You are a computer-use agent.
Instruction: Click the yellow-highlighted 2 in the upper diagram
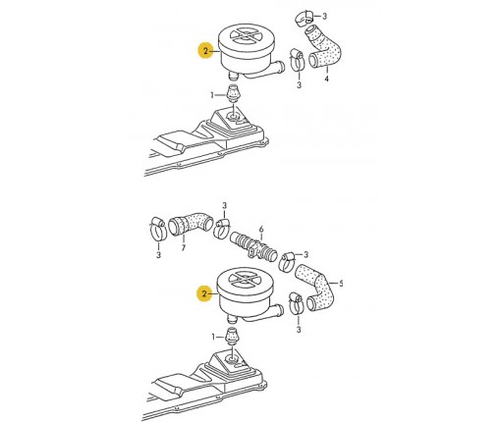tap(205, 51)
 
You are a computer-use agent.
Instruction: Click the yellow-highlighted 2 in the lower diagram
tap(204, 293)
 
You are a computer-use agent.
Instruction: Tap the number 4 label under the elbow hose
tap(326, 79)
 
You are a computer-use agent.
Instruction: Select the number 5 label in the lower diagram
tap(341, 284)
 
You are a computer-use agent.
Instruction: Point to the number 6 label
tap(261, 229)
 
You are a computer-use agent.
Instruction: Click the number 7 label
tap(184, 247)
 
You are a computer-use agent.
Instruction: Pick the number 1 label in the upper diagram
tap(212, 95)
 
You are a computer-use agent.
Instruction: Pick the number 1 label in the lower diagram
tap(213, 337)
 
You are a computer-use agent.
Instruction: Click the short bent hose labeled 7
tap(191, 223)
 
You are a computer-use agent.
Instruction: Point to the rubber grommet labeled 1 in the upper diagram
tap(232, 92)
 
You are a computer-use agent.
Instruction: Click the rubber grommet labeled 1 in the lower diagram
tap(232, 335)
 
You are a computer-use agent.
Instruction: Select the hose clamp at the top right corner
tap(304, 17)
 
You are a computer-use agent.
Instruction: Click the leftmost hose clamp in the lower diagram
tap(157, 229)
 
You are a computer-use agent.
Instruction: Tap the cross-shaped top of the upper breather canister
tap(246, 35)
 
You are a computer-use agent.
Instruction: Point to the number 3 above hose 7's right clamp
tap(224, 206)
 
